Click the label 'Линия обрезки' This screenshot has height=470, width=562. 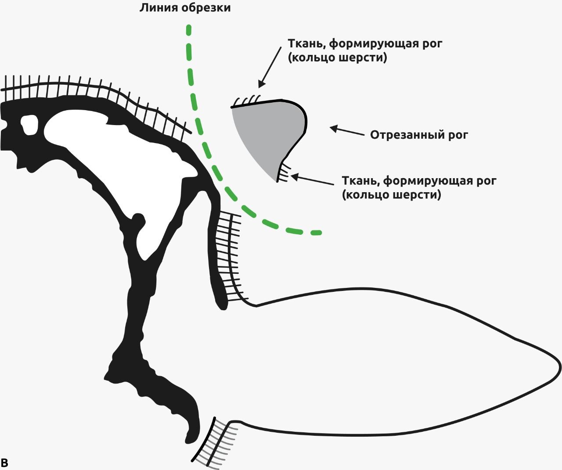185,8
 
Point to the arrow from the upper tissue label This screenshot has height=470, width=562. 270,66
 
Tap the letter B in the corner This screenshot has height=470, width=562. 5,463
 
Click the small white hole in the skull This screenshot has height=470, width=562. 29,125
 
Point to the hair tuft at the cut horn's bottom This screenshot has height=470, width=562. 283,172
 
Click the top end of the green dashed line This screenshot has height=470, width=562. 189,30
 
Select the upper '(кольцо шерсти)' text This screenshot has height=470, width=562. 338,58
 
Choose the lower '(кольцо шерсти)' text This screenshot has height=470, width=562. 391,194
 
